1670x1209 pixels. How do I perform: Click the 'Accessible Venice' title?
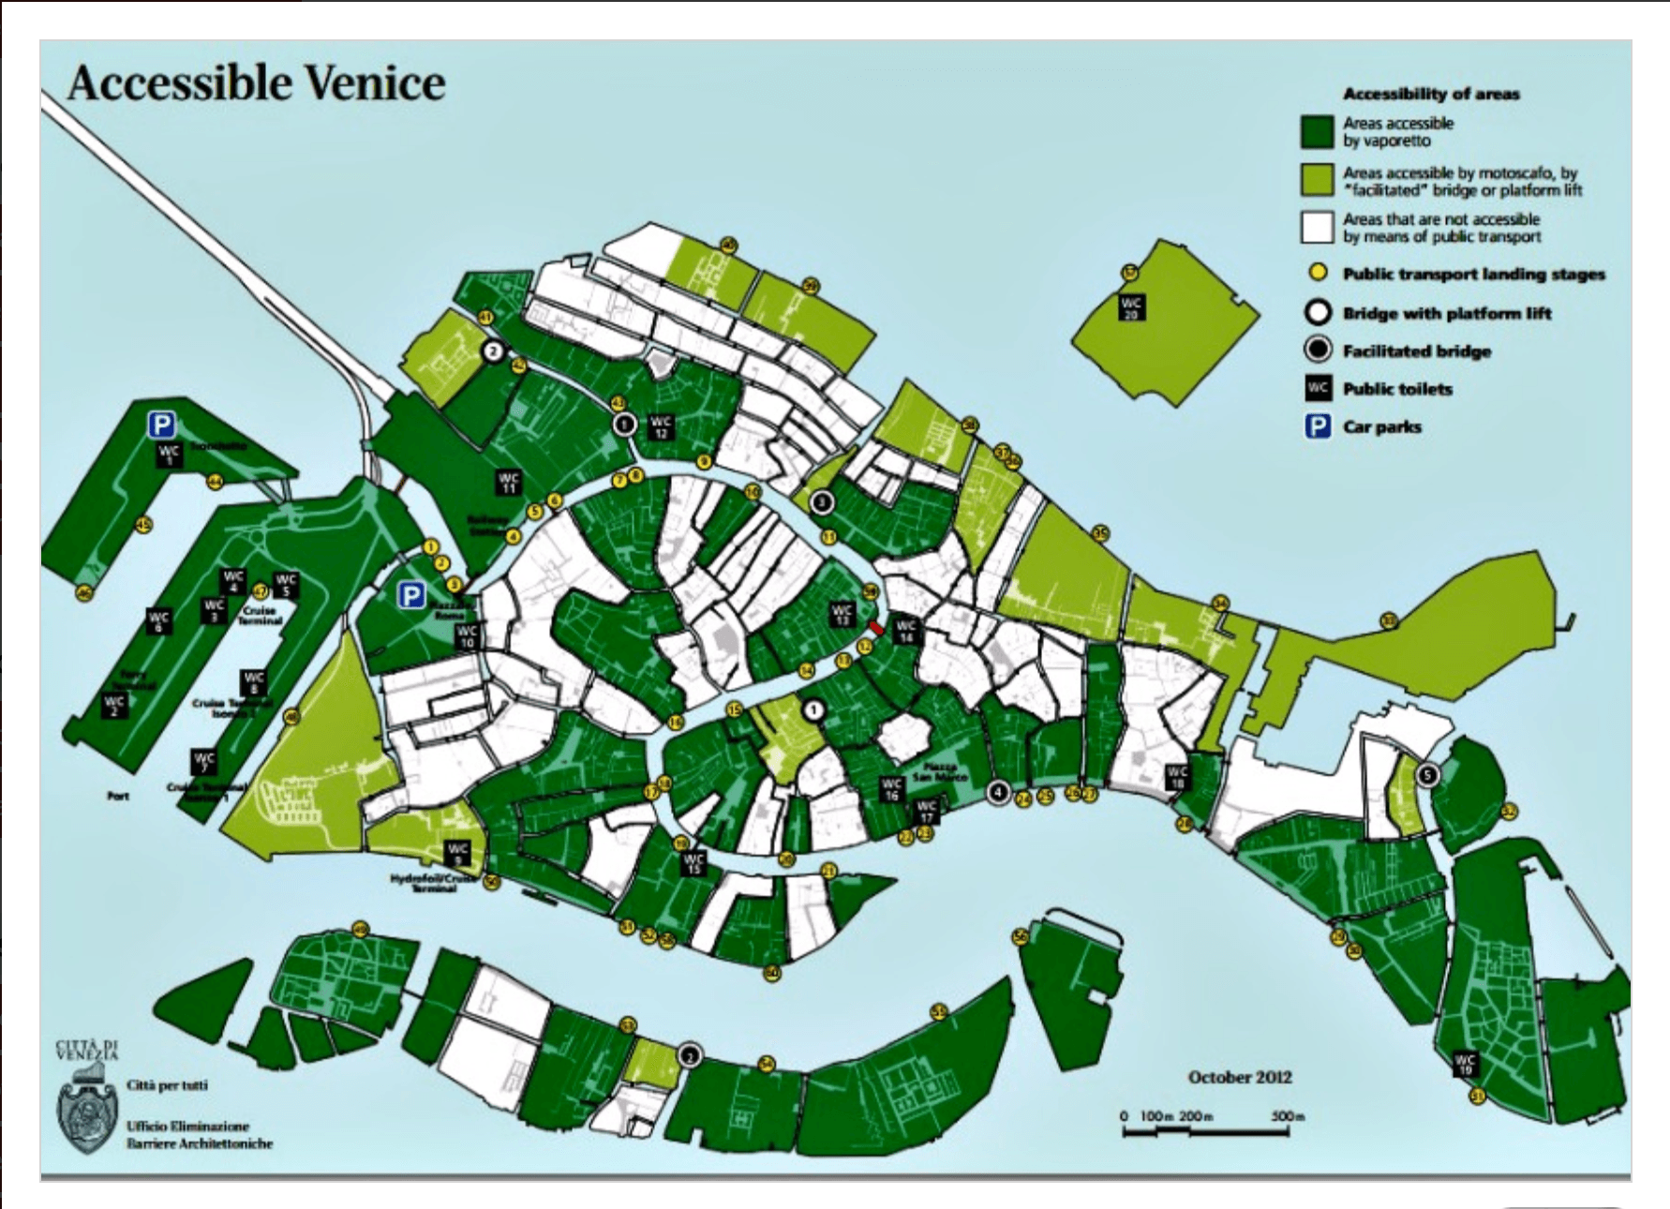(x=256, y=83)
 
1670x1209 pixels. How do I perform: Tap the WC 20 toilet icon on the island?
(x=1131, y=307)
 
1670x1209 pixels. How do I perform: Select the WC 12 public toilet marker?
(x=661, y=426)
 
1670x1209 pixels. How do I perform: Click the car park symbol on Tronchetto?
(x=161, y=425)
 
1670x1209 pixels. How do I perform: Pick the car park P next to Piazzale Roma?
(x=410, y=595)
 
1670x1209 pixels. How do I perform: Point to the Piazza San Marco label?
(x=939, y=771)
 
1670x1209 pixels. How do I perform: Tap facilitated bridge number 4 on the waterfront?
(x=998, y=793)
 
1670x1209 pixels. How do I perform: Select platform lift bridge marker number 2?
(x=493, y=352)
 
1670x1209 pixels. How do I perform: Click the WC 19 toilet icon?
(x=1465, y=1064)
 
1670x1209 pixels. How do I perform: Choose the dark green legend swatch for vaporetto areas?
(x=1317, y=132)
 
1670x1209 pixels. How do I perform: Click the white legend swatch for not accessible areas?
(x=1317, y=227)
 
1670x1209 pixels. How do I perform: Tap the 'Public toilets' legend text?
(x=1396, y=389)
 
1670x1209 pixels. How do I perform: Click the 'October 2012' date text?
(x=1239, y=1078)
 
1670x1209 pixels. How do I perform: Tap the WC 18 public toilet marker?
(x=1177, y=777)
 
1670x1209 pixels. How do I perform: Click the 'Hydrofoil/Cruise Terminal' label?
(x=434, y=883)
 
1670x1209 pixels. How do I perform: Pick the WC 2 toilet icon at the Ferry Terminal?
(x=114, y=705)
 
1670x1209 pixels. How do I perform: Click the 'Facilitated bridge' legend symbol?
(x=1318, y=351)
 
